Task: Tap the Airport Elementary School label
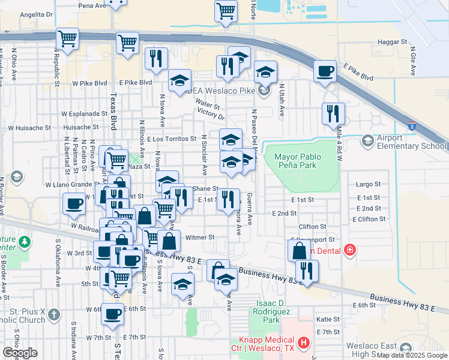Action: (x=412, y=142)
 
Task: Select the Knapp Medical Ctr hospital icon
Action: (x=304, y=344)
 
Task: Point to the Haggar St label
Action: (x=393, y=43)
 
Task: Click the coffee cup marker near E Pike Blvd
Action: (x=325, y=71)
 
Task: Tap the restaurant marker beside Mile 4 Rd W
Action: (x=333, y=113)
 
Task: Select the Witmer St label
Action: (x=200, y=237)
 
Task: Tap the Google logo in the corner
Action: (x=20, y=353)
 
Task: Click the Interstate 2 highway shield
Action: (x=412, y=127)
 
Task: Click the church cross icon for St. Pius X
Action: (x=53, y=314)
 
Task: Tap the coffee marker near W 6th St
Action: (x=112, y=313)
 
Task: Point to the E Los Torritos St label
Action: (x=172, y=139)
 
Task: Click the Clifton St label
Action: (x=313, y=227)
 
